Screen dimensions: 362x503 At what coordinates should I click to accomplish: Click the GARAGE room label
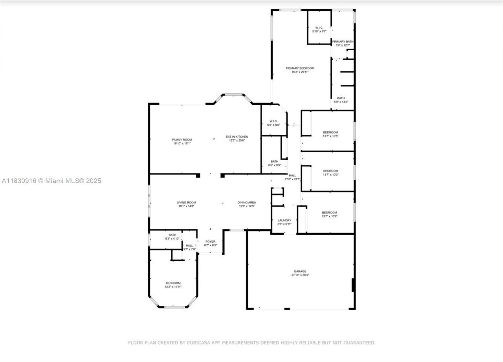pos(300,271)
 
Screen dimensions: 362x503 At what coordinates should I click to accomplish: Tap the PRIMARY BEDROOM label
pos(300,68)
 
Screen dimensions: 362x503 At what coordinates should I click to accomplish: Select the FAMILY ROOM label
pos(182,140)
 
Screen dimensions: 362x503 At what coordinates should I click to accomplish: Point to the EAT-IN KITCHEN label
pos(237,137)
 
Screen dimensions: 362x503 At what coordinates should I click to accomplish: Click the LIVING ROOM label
pos(186,203)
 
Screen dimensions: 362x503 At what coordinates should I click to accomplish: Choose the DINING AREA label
pos(246,203)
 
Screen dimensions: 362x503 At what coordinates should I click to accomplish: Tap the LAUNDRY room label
pos(284,221)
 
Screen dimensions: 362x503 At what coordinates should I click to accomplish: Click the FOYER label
pos(210,242)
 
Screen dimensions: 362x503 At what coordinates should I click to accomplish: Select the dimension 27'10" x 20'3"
pos(300,275)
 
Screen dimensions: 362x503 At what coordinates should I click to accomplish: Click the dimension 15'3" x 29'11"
pos(300,72)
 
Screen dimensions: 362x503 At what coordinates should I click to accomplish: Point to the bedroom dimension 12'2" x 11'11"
pos(173,287)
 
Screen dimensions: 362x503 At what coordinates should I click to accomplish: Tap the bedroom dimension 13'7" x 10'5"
pos(330,136)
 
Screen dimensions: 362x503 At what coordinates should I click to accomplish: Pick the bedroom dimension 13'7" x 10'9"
pos(329,216)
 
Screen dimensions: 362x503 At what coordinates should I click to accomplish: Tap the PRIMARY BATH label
pos(343,42)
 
